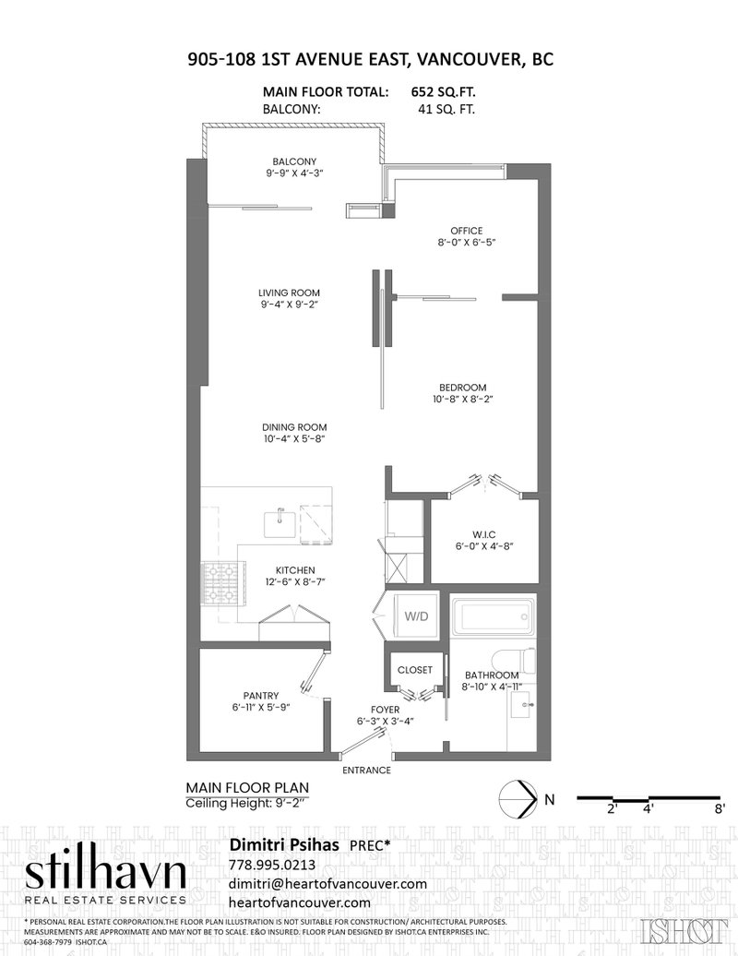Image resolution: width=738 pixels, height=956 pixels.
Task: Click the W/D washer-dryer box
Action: tap(417, 615)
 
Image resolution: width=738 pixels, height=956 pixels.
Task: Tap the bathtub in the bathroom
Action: tap(493, 617)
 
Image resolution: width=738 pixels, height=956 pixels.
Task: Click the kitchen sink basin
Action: tap(280, 525)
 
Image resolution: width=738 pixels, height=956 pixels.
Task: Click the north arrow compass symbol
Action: tap(518, 799)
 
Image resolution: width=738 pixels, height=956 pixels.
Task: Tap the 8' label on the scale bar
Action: tap(720, 809)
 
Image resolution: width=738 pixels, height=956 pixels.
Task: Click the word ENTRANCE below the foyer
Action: tap(366, 770)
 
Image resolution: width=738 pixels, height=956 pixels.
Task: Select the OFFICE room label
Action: tap(466, 231)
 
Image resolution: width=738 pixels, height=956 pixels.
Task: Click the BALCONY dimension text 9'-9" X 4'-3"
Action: tap(294, 173)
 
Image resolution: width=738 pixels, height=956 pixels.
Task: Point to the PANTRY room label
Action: tap(261, 696)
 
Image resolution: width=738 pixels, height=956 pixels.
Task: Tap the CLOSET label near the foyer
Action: tap(415, 669)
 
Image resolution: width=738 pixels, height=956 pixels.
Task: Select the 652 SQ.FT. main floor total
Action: tap(443, 92)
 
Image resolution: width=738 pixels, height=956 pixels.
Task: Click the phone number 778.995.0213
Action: tap(272, 866)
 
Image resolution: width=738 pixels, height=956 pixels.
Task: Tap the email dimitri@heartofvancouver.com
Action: tap(327, 884)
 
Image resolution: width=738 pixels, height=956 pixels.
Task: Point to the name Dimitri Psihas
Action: tap(283, 845)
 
